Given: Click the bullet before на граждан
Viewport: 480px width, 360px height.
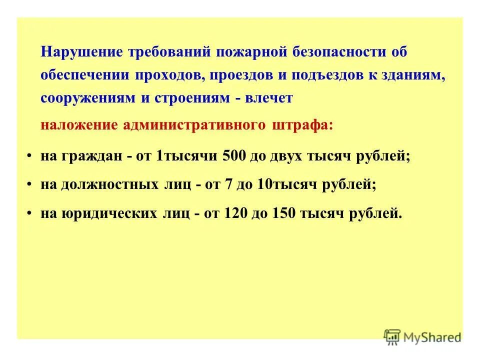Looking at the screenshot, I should (31, 156).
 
